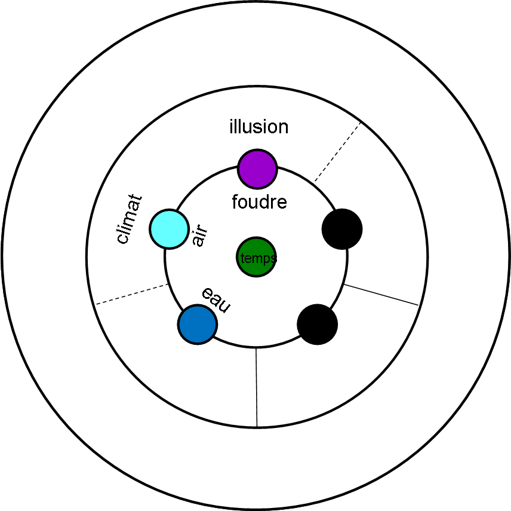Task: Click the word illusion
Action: pos(258,127)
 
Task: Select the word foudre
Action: pos(259,202)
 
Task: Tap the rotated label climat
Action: pos(130,219)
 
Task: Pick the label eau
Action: pos(216,299)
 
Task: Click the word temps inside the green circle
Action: pos(257,258)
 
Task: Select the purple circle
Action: pos(257,169)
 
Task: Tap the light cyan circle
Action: pos(169,228)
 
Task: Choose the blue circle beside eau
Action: pos(197,325)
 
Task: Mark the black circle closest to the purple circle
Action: pos(342,229)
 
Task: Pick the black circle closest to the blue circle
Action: pos(318,325)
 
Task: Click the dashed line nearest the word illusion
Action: pos(337,152)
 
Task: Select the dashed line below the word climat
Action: pos(131,294)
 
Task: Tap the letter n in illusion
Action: pos(282,127)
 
